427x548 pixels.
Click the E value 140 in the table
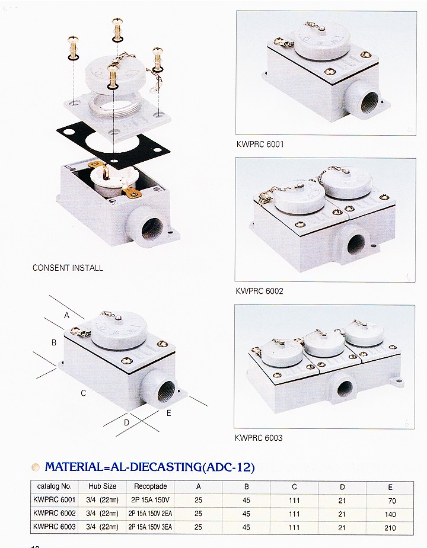coord(390,514)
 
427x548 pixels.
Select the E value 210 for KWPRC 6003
coord(390,528)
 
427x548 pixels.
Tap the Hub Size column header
coord(102,486)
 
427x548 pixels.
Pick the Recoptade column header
coord(151,486)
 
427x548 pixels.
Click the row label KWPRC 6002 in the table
coord(54,513)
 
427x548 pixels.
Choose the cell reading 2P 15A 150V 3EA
coord(150,527)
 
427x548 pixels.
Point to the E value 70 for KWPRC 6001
coord(391,501)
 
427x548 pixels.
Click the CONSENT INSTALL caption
coord(68,268)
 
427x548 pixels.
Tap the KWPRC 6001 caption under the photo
coord(260,144)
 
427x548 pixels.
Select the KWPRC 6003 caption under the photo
coord(259,438)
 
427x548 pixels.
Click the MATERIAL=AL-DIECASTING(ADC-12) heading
coord(150,467)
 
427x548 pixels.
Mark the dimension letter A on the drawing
coord(66,315)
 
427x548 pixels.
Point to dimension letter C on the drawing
coord(83,393)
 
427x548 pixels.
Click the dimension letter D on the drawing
coord(126,422)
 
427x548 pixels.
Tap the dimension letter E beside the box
coord(168,413)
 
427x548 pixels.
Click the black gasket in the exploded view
coord(114,145)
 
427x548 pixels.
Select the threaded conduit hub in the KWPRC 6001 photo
coord(364,102)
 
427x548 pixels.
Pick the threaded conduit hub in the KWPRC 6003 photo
coord(345,387)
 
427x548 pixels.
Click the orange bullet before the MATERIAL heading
coord(36,467)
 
